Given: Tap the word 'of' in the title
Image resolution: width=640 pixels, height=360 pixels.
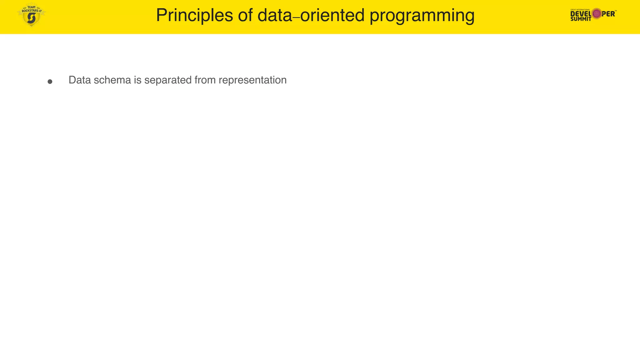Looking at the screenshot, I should [x=245, y=15].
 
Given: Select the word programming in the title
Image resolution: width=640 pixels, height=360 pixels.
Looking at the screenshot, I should [x=422, y=15].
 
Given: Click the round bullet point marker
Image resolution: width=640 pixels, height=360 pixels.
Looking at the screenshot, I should [x=50, y=82].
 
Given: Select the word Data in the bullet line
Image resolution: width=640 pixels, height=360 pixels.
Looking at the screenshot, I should [x=80, y=80].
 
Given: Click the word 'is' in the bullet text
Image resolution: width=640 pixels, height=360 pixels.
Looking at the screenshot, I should [x=137, y=80].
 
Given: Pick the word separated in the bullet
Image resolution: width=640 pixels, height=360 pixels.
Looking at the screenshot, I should [x=168, y=80].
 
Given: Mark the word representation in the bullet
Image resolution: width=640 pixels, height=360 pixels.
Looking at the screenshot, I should [x=252, y=80].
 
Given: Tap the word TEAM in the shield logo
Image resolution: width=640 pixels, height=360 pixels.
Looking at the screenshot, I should [x=32, y=7].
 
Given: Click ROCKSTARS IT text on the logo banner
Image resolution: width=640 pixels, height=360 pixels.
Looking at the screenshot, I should [x=32, y=11].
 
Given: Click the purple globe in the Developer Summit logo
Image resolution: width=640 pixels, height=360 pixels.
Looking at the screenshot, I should [x=597, y=14].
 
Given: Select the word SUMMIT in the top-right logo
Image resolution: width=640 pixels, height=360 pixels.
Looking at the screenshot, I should [x=581, y=19].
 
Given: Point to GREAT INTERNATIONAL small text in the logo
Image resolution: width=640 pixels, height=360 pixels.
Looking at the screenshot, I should [x=580, y=10].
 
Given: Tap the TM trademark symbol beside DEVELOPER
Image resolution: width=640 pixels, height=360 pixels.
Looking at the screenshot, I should [x=615, y=11].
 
